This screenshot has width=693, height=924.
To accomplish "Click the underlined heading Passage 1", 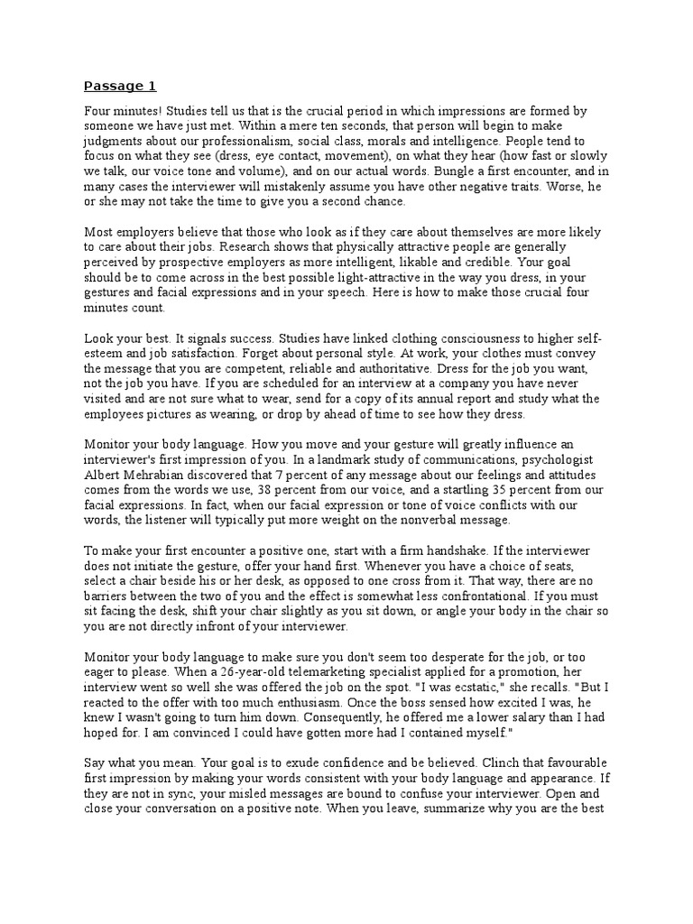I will click(x=120, y=87).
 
